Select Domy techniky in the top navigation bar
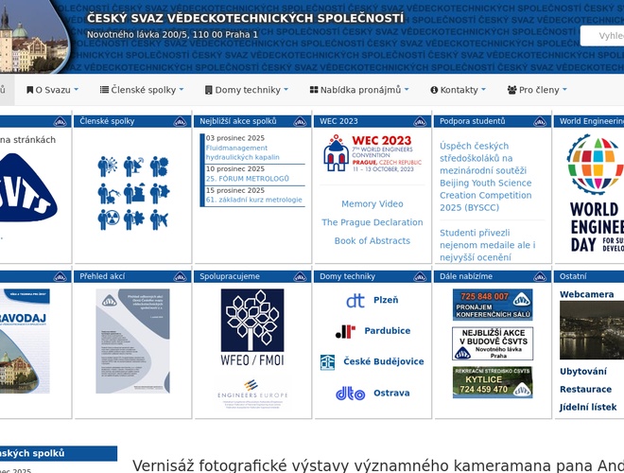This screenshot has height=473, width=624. click(247, 90)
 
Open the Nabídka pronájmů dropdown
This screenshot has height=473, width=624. click(359, 90)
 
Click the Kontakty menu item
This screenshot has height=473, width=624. click(458, 90)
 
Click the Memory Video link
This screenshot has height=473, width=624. click(373, 204)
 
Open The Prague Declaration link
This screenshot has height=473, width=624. click(373, 222)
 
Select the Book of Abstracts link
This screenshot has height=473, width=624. click(373, 241)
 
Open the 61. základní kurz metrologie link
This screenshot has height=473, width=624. click(253, 200)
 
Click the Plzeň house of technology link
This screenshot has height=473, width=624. click(385, 300)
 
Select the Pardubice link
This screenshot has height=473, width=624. click(387, 331)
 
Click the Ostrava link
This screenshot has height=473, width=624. click(391, 393)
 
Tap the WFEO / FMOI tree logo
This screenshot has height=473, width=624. click(251, 327)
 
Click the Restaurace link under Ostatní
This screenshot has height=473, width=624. click(585, 389)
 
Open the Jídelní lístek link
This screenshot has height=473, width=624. click(588, 407)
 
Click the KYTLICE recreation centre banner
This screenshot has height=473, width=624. click(492, 382)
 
